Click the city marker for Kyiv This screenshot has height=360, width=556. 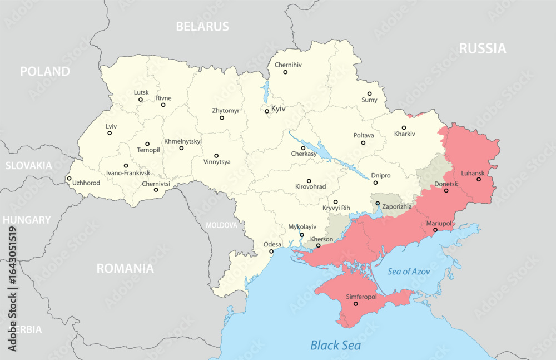[267, 111]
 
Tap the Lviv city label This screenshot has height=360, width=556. [111, 126]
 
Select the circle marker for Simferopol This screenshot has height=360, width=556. [356, 304]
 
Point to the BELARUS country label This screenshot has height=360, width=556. [202, 26]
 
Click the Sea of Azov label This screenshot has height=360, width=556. [409, 271]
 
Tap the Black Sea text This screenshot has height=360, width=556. [335, 346]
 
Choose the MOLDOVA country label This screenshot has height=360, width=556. [221, 225]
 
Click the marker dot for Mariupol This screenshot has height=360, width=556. [435, 230]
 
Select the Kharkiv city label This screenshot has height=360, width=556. [404, 134]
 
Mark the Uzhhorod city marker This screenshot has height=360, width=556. [69, 179]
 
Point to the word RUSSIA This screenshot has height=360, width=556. [483, 48]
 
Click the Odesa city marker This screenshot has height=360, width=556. [271, 251]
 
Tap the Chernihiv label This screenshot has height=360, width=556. [288, 65]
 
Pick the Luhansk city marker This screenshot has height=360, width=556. [479, 179]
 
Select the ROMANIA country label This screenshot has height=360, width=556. [125, 268]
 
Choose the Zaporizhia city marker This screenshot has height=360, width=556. [378, 203]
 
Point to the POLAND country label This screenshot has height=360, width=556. [45, 71]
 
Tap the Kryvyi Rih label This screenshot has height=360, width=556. [336, 208]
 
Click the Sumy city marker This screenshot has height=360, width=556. [369, 94]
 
